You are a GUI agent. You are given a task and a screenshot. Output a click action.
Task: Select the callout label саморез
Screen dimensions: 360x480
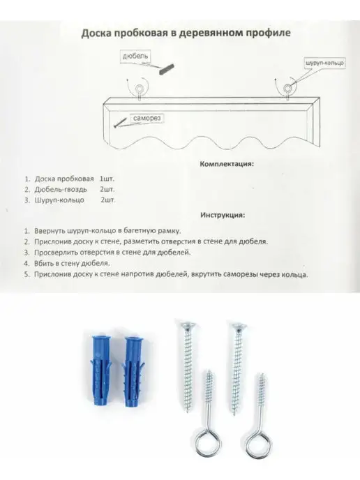[x=147, y=118]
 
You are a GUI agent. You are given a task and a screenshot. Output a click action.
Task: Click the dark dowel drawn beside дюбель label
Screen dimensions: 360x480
[x=167, y=69]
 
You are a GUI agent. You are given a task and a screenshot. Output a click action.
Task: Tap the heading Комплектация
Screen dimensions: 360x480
[x=227, y=164]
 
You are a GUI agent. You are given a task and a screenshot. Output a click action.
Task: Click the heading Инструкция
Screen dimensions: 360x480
[x=223, y=215]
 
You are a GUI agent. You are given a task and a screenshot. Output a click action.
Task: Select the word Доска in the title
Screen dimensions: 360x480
[x=96, y=33]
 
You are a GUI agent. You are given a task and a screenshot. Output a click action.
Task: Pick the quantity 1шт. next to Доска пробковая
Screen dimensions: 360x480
[x=107, y=179]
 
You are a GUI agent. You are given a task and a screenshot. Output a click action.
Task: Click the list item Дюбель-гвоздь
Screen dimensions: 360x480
[x=61, y=190]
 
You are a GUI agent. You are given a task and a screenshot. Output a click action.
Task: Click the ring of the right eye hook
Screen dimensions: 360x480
[x=245, y=442]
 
